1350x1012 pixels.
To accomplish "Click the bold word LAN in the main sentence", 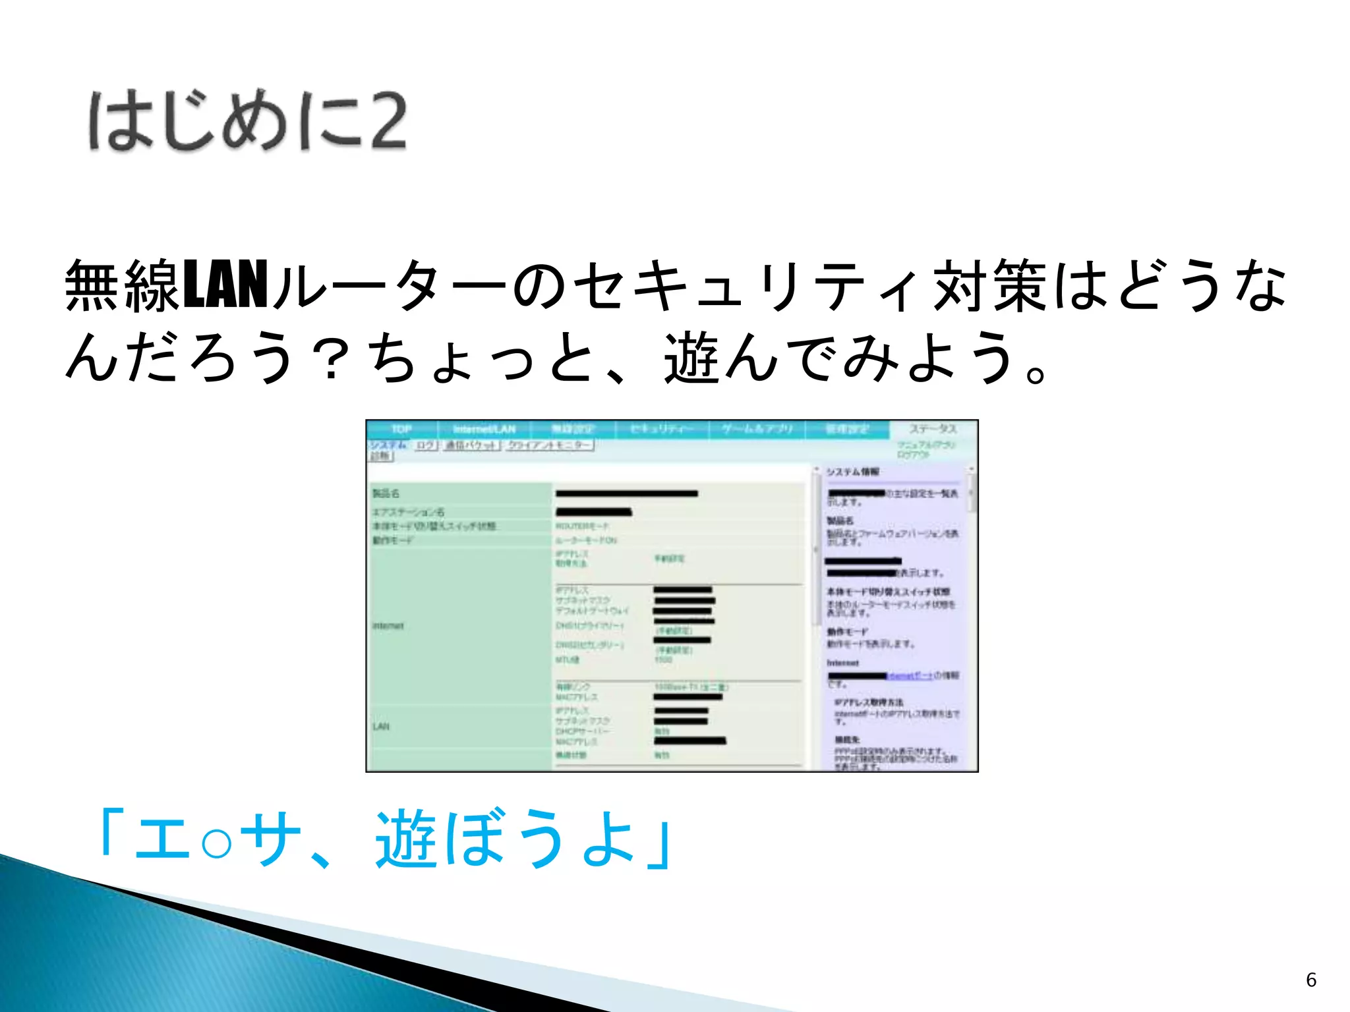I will point(225,285).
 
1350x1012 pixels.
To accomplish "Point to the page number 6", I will point(1311,980).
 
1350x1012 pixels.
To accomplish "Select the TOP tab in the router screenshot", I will point(401,430).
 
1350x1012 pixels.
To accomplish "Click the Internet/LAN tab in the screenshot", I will point(484,430).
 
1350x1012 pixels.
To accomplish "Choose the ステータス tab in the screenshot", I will point(933,430).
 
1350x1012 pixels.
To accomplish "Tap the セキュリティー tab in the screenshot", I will point(661,430).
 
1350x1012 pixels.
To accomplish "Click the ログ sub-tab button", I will point(426,445).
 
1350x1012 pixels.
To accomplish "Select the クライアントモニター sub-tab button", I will point(549,445).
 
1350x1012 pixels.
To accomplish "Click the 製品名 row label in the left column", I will point(386,493).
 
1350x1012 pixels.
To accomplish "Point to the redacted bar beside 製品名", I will point(626,493).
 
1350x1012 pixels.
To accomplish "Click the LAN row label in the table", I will point(381,726).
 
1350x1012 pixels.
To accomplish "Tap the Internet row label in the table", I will point(388,626).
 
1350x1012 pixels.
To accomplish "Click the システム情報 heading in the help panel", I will point(852,472).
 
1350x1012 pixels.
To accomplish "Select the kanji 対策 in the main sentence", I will point(989,285).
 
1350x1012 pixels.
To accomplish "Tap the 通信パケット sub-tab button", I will point(471,445).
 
